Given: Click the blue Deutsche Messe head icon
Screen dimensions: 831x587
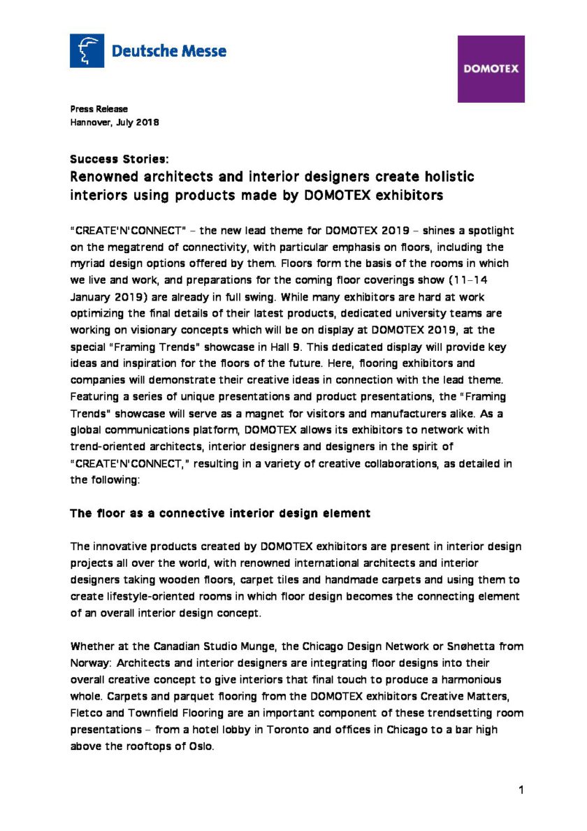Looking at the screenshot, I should tap(87, 51).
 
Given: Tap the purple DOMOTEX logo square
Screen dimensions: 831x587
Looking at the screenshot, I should tap(491, 69).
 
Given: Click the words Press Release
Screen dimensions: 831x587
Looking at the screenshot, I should tap(99, 109).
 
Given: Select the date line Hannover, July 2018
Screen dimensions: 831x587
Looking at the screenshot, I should tap(115, 122).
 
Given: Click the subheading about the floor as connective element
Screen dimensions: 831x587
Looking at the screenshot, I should tap(220, 513).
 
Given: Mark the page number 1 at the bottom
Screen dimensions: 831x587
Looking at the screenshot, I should tap(521, 790).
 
